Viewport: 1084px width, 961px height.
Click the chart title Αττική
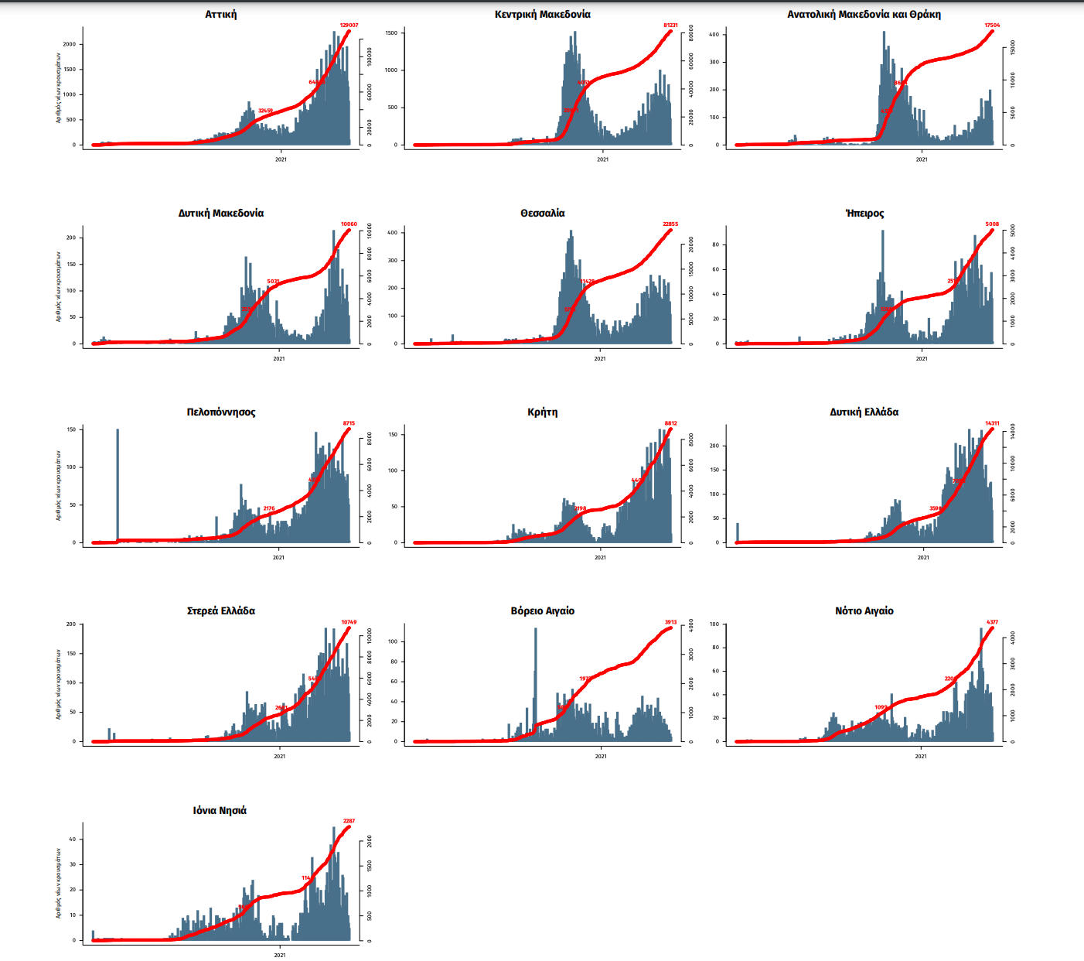[x=221, y=15]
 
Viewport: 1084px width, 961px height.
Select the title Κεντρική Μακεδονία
[x=543, y=15]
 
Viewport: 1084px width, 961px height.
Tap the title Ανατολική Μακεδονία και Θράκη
[x=864, y=15]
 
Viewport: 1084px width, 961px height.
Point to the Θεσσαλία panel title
[x=543, y=214]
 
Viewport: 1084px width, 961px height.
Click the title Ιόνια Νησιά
[x=220, y=811]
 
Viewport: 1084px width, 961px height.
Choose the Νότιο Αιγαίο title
[x=864, y=611]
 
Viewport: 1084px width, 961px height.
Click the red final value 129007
[x=349, y=26]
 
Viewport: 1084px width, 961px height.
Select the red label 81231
[x=670, y=26]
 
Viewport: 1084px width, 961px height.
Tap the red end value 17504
[x=992, y=26]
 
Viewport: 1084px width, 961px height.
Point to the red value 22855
[x=670, y=224]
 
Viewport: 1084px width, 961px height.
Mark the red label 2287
[x=349, y=821]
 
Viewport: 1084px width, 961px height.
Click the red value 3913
[x=670, y=622]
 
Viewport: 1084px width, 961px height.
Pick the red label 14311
[x=992, y=423]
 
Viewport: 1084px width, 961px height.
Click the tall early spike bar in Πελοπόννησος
[x=118, y=484]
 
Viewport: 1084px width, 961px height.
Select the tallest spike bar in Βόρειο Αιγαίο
[x=535, y=681]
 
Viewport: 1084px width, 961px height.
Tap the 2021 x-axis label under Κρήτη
[x=600, y=557]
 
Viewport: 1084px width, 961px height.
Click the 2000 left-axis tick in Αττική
[x=70, y=44]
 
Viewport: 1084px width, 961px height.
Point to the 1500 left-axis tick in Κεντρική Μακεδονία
[x=391, y=32]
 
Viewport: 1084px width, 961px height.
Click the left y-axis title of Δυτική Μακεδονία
[x=59, y=286]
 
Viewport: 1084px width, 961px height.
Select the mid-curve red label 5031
[x=273, y=282]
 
